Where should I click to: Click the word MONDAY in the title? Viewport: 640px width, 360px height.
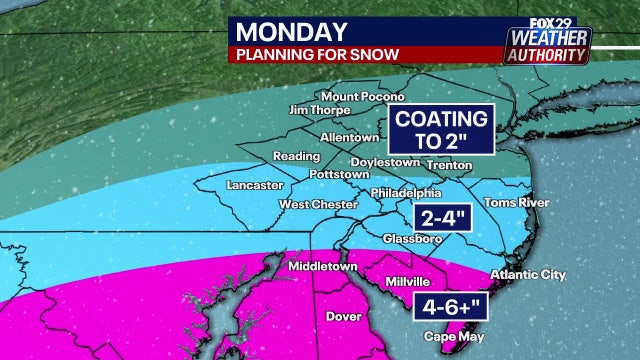[x=291, y=32]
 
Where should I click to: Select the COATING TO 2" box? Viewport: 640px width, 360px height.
[x=441, y=129]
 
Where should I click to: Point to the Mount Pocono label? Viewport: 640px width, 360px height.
[x=363, y=97]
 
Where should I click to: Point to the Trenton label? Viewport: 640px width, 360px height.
[x=448, y=162]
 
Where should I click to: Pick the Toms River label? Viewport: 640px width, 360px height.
[x=513, y=203]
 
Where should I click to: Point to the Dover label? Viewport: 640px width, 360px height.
[x=343, y=317]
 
